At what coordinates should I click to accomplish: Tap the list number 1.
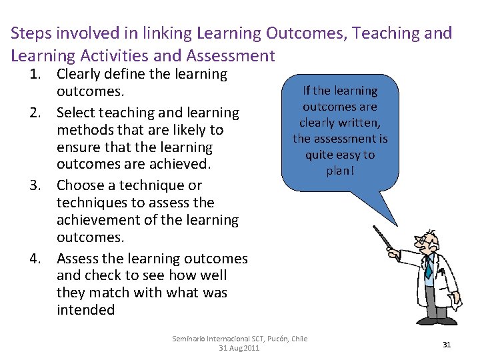coord(37,75)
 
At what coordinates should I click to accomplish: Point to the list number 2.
coord(37,113)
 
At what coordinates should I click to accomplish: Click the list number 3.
coord(37,185)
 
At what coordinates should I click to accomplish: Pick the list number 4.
coord(37,259)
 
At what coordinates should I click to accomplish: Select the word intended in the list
coord(85,310)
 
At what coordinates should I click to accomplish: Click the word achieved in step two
coord(181,164)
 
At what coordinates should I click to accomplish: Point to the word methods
coord(83,130)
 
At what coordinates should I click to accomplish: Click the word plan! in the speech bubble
coord(340,171)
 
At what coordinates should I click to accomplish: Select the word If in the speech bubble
coord(307,91)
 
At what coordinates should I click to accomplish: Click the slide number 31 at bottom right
coord(447,345)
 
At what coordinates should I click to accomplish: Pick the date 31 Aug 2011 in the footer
coord(239,348)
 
